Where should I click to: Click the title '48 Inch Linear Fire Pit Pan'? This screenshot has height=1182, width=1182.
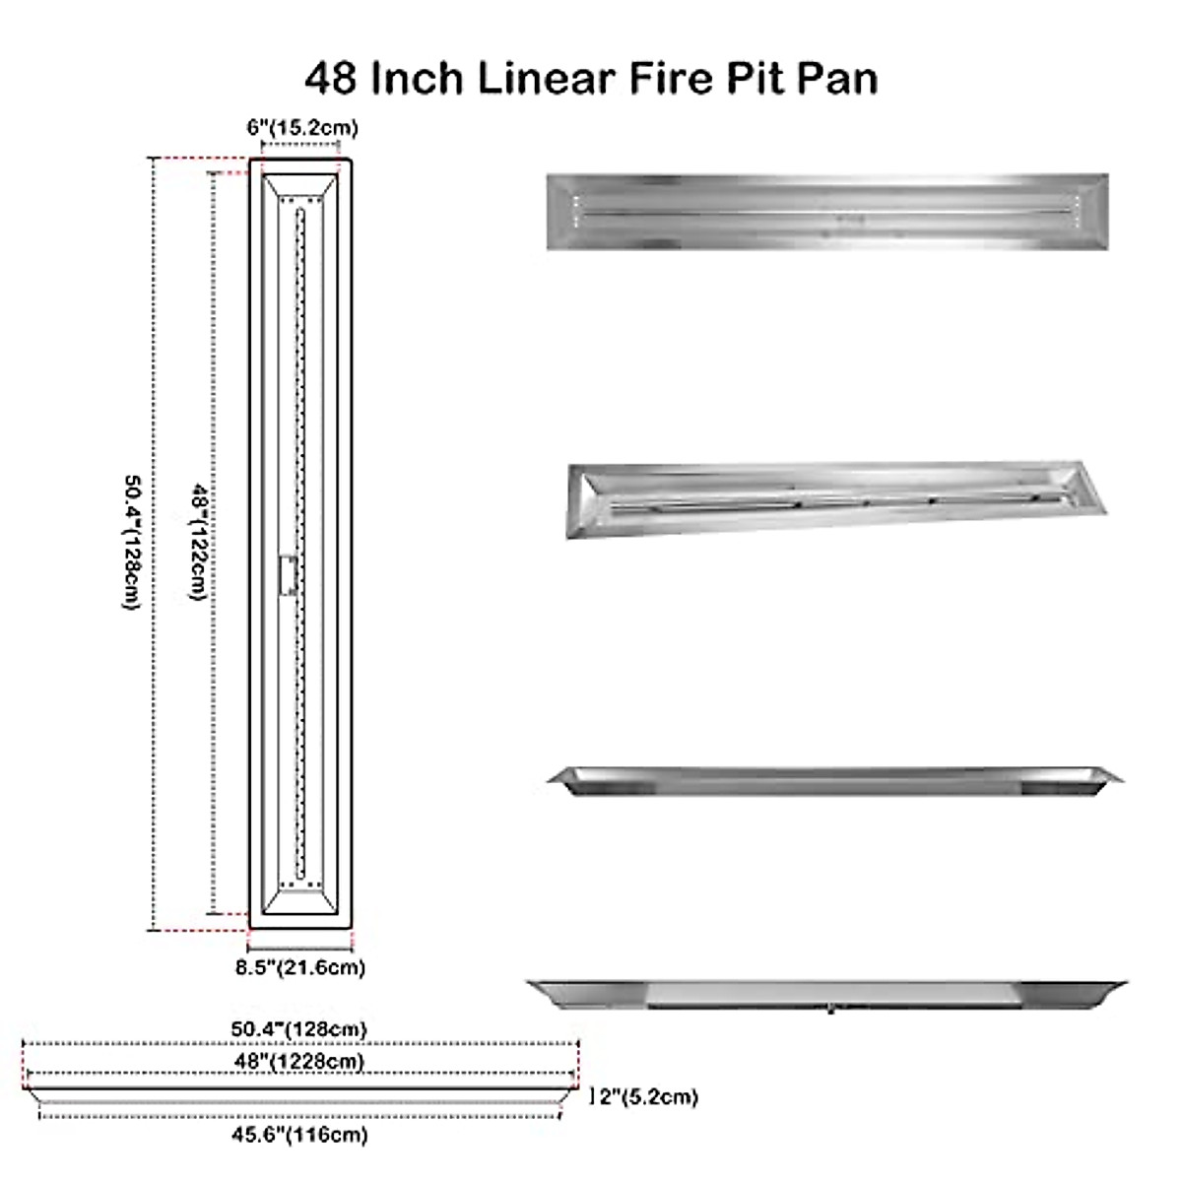tap(591, 78)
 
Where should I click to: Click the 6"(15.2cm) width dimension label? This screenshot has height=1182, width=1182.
tap(302, 127)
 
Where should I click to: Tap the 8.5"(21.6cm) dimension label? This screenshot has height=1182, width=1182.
tap(300, 967)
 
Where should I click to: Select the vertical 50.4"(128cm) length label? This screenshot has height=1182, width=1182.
tap(131, 542)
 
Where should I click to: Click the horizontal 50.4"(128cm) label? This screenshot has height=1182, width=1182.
tap(299, 1028)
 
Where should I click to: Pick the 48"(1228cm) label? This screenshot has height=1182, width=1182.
tap(299, 1061)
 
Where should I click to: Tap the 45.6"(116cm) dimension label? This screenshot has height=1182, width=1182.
tap(299, 1135)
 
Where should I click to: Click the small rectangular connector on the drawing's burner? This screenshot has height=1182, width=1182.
tap(289, 575)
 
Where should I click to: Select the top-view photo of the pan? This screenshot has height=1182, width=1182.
tap(827, 210)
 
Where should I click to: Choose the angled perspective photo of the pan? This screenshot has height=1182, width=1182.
tap(837, 498)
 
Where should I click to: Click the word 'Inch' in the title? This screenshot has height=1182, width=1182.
tap(415, 78)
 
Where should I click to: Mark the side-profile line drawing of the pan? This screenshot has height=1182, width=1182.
tap(299, 1096)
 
